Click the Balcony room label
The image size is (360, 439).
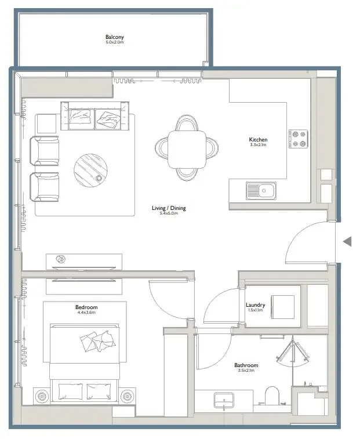[115, 37]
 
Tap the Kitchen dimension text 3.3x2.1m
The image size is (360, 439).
[258, 145]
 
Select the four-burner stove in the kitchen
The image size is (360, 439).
[299, 139]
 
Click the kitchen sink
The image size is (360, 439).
[261, 191]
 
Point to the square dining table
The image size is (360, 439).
[187, 149]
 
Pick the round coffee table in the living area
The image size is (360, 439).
[90, 170]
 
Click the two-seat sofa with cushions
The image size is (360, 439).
[95, 116]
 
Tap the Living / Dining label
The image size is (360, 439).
[169, 208]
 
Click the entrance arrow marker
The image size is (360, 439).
[347, 241]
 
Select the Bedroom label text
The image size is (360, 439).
[86, 307]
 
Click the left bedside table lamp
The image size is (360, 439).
[42, 396]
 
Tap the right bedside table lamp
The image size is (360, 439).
[127, 396]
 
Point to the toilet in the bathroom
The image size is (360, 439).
[272, 396]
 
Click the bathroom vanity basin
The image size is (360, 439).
[224, 400]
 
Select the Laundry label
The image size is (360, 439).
[255, 305]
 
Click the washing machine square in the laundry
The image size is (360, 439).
[282, 307]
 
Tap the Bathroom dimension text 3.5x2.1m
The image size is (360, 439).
[246, 370]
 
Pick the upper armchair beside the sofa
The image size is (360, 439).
[45, 151]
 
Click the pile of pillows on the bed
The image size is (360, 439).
[98, 341]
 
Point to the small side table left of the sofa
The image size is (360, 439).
[46, 124]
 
